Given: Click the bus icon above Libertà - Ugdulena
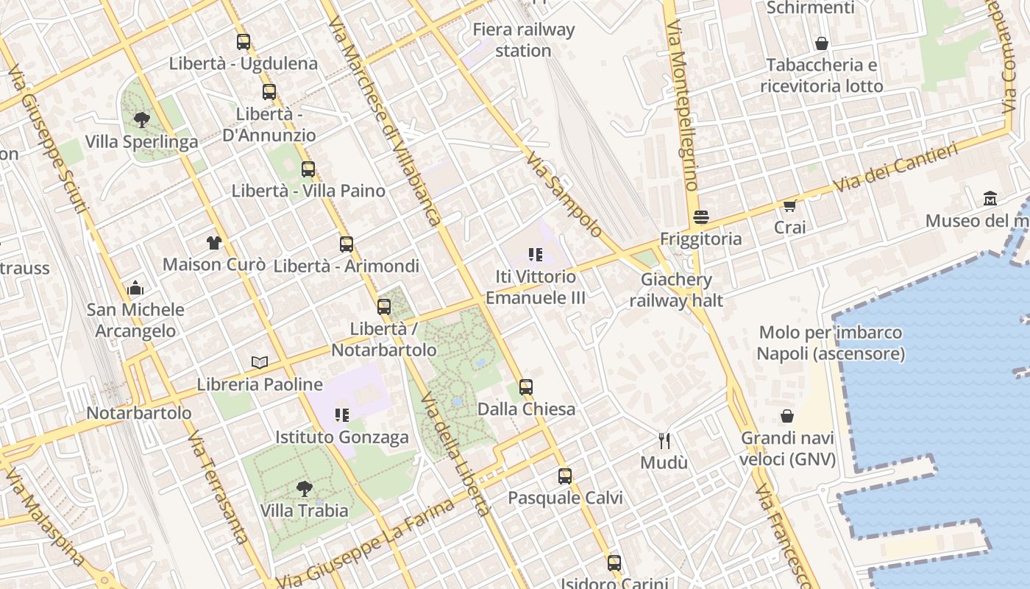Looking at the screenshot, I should [244, 42].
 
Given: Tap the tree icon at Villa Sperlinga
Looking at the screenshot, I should [141, 119].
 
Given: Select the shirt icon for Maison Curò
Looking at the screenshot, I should [213, 242].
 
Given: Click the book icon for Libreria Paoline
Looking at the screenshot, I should [259, 362].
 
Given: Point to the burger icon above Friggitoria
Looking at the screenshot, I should [700, 217].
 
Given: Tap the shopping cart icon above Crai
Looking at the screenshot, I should [789, 206].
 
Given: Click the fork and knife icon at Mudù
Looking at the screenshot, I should [664, 440].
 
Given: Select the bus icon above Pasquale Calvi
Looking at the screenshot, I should [564, 476].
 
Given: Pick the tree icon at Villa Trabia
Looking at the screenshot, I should [303, 488].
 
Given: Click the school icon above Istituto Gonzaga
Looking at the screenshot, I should [341, 415].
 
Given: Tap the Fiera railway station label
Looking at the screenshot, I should [523, 40].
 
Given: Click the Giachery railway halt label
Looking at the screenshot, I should [676, 290].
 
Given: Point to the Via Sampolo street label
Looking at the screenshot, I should [564, 195].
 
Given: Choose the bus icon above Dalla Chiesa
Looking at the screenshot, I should [525, 387].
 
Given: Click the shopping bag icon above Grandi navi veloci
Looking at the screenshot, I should [787, 417].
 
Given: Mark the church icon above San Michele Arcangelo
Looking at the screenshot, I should [135, 288].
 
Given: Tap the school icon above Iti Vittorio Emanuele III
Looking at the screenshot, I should [535, 255].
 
